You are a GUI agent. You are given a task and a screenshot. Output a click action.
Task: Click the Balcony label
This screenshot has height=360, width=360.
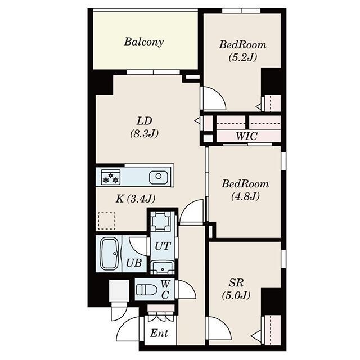[x=144, y=42]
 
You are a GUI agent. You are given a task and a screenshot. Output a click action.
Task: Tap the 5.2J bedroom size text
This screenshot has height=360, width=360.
[x=243, y=57]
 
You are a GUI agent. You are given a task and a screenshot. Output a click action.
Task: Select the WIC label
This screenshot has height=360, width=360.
[x=246, y=136]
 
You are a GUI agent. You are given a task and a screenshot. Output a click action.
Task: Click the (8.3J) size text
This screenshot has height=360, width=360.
[x=145, y=134]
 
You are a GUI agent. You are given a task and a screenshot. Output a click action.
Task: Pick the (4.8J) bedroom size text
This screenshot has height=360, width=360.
[x=245, y=196]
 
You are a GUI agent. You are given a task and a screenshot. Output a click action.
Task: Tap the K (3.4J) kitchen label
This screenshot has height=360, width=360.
[x=136, y=198]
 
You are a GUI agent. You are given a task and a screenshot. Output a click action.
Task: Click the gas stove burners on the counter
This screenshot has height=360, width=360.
[x=110, y=177]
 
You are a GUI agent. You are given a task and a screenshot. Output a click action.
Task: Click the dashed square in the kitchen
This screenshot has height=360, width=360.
[x=106, y=220]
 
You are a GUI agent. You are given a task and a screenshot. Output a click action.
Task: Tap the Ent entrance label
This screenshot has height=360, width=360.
[x=159, y=333]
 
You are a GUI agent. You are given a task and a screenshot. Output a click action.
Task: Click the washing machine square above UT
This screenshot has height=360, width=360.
[x=161, y=220]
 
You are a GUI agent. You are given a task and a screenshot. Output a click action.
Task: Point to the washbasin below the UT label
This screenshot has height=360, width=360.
[x=163, y=267]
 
